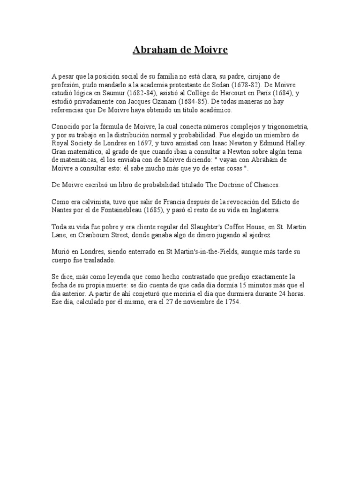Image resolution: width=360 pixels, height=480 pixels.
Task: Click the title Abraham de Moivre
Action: tap(180, 50)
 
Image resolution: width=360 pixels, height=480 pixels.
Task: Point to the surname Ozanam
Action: tap(180, 101)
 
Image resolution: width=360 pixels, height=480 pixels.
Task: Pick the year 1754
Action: tap(232, 303)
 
